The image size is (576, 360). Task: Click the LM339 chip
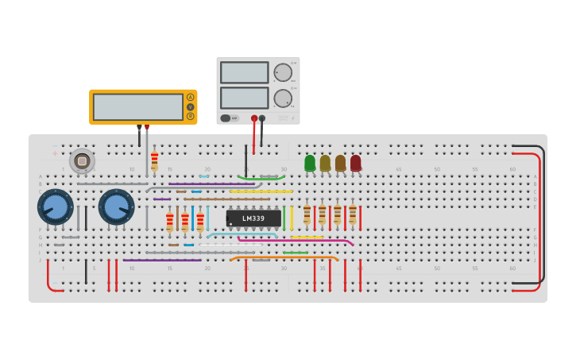[x=253, y=219]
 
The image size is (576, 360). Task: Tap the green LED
[x=310, y=163]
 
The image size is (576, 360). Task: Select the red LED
[x=355, y=163]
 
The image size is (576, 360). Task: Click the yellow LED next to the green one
[x=325, y=163]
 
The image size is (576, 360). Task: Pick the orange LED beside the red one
[x=340, y=163]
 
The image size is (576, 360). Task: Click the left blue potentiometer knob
[x=56, y=207]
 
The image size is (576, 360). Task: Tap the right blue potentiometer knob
[x=116, y=207]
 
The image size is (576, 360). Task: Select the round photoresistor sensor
[x=81, y=161]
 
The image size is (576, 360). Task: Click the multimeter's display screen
[x=138, y=106]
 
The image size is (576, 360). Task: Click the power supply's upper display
[x=245, y=72]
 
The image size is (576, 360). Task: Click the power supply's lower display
[x=245, y=98]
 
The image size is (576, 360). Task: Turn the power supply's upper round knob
[x=283, y=73]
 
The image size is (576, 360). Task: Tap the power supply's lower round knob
[x=283, y=99]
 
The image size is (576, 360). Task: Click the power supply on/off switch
[x=226, y=118]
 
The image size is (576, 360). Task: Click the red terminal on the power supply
[x=254, y=118]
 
